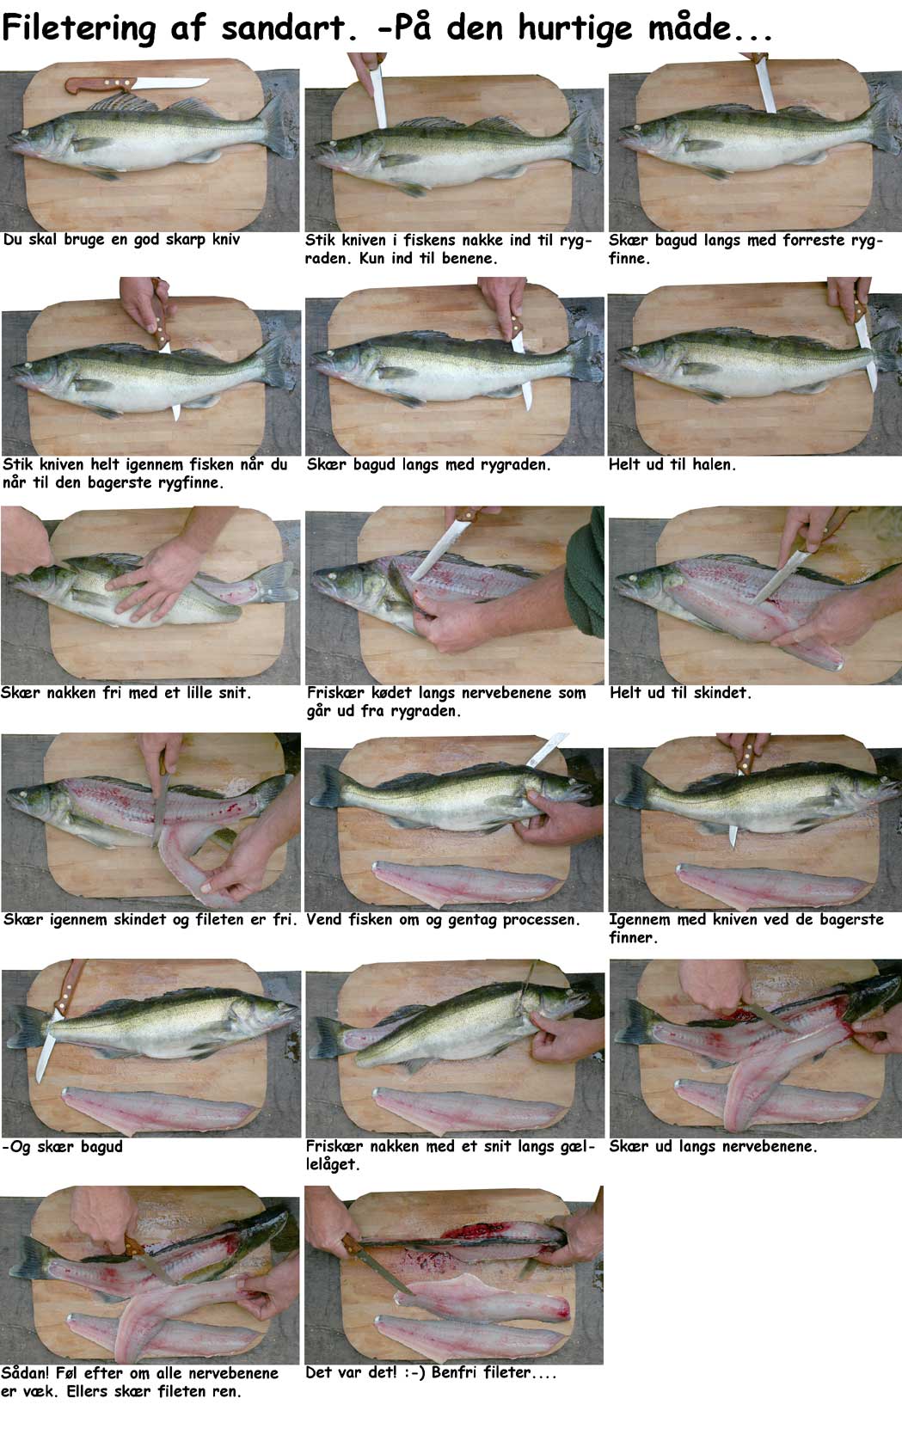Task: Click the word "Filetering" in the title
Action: (x=79, y=29)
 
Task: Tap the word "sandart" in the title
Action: (x=288, y=29)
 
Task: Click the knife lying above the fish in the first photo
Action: (x=137, y=84)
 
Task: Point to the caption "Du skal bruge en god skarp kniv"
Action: (x=122, y=240)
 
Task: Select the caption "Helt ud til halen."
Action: (x=672, y=464)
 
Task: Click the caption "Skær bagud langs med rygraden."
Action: (x=428, y=465)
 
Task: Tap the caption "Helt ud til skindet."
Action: (x=679, y=692)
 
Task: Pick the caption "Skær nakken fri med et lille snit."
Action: (x=126, y=692)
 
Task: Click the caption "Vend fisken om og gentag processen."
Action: (x=443, y=920)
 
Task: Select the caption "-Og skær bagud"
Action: (x=62, y=1147)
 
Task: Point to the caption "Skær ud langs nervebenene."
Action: (x=713, y=1146)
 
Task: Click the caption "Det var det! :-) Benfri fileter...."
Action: (x=431, y=1373)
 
